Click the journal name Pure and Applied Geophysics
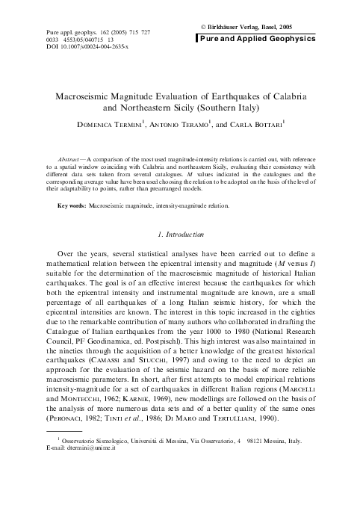[264, 35]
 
